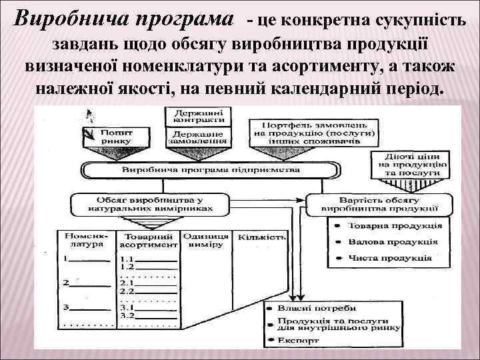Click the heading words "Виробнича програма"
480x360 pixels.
(x=125, y=19)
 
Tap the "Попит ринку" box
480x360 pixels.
(x=117, y=137)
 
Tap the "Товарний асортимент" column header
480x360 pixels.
(x=148, y=240)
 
